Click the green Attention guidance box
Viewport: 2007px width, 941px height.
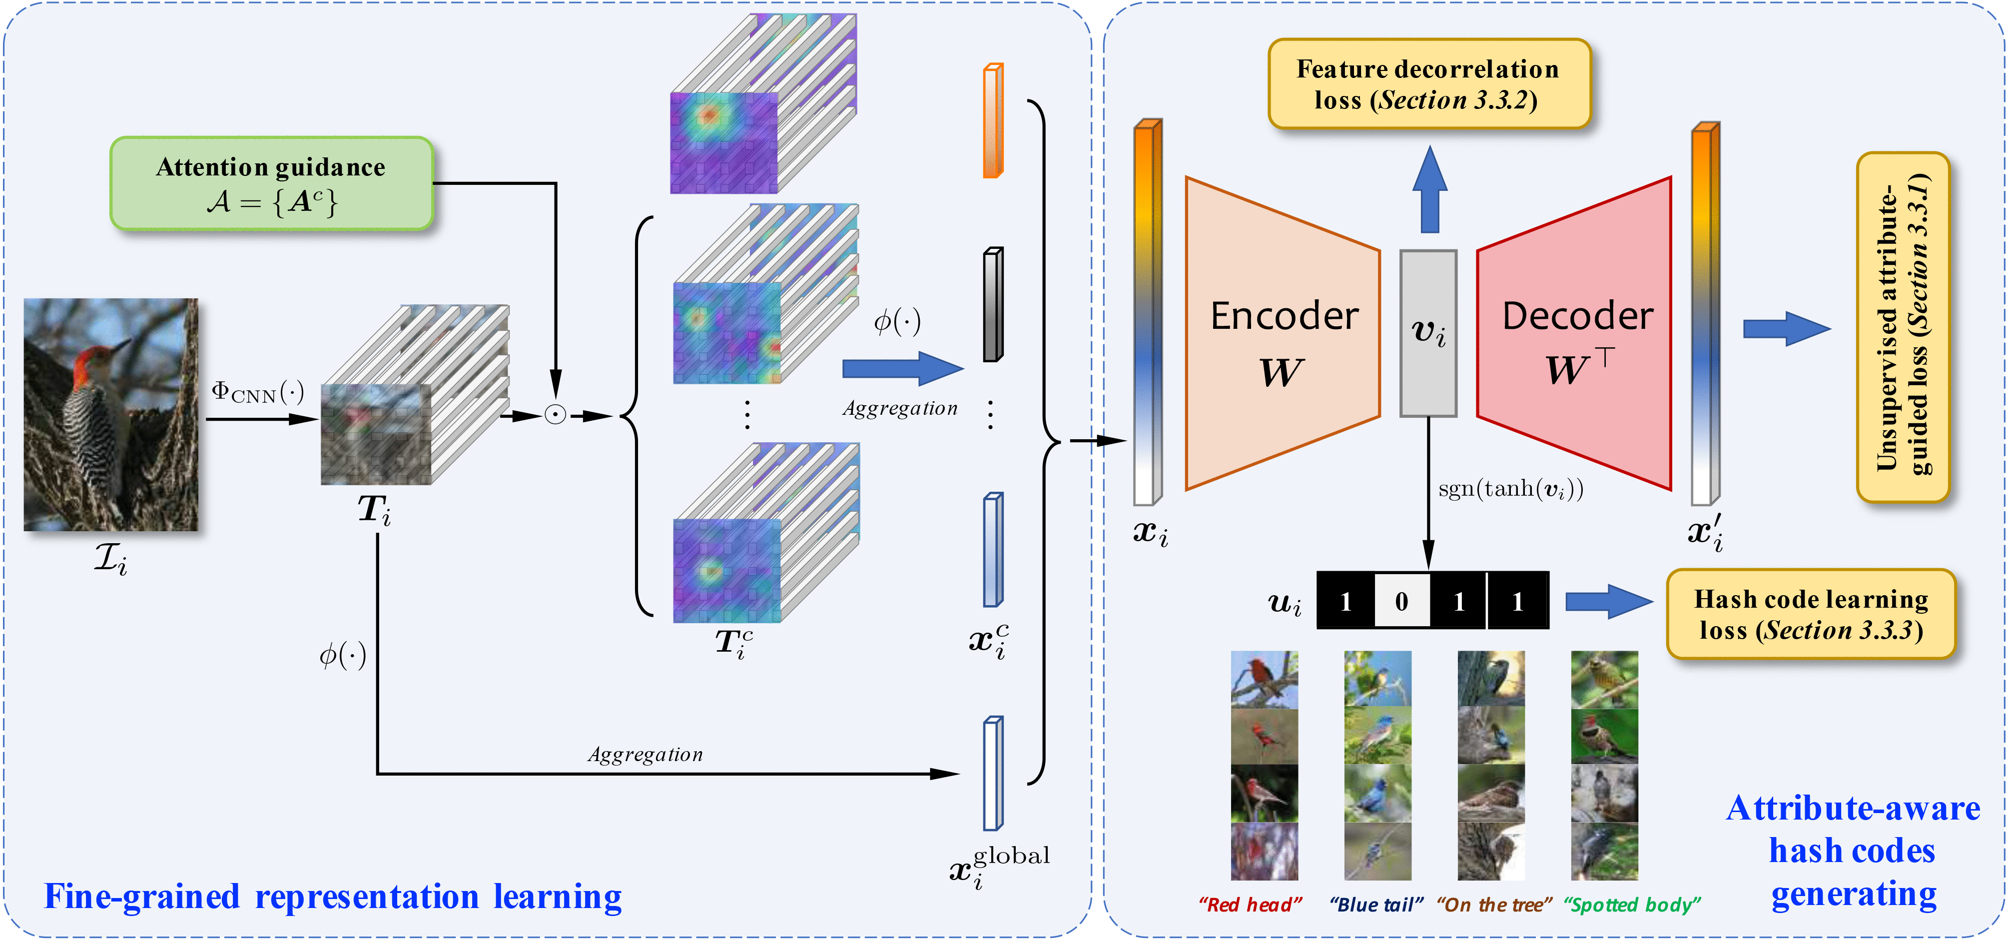pos(271,184)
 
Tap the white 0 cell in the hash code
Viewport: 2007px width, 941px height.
pos(1401,601)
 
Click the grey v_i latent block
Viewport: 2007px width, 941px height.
pos(1428,333)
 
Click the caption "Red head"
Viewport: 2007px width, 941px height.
pos(1250,905)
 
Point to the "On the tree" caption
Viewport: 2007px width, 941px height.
pos(1493,905)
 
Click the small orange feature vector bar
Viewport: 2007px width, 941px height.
pos(993,121)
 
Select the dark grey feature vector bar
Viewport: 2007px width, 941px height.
pos(993,304)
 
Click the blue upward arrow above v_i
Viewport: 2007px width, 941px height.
pos(1429,190)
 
